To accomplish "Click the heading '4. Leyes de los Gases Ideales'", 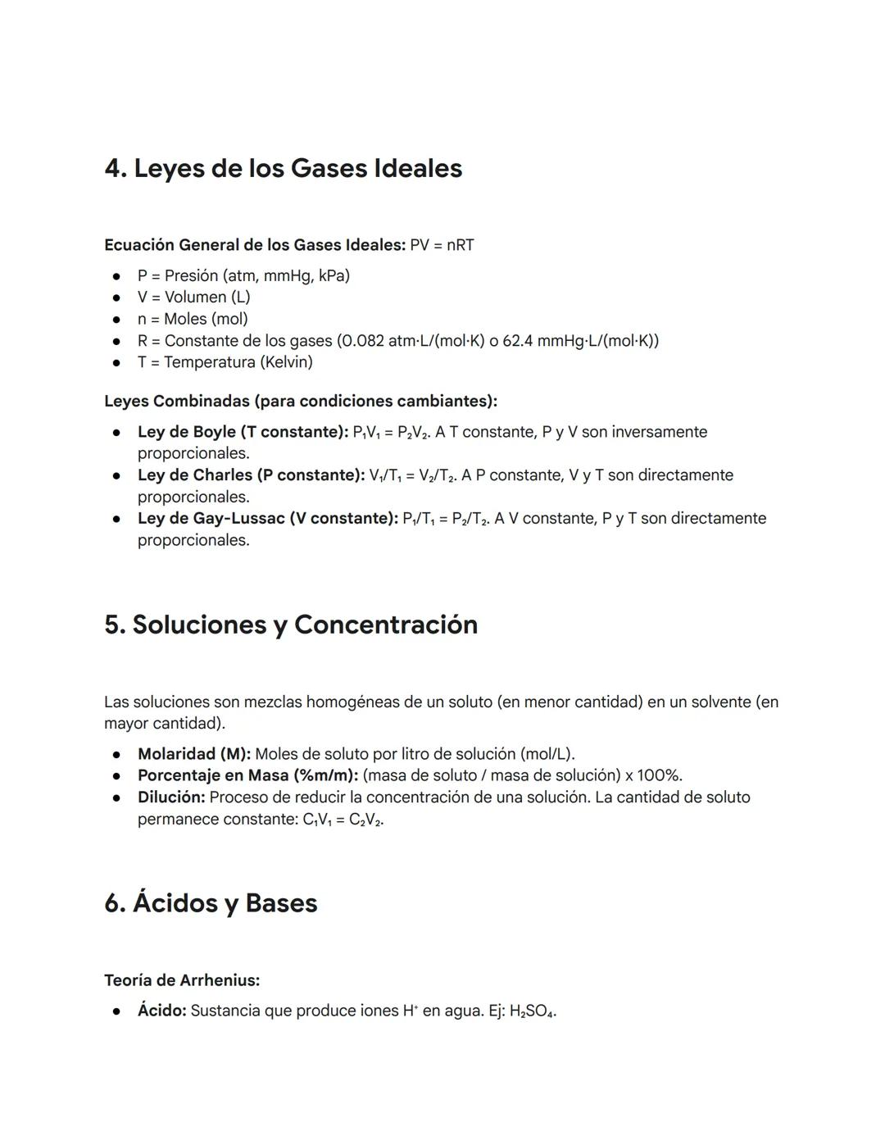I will click(283, 169).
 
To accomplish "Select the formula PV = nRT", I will click(442, 245).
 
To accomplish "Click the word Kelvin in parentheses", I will click(286, 361).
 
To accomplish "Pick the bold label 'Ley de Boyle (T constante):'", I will click(243, 432).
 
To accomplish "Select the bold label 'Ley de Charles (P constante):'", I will click(251, 475).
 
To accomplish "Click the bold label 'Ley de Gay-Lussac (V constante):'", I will click(267, 518).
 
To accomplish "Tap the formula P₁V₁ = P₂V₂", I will click(390, 433).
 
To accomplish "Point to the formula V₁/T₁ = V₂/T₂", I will click(411, 476).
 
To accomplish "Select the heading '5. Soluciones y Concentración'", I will click(291, 625).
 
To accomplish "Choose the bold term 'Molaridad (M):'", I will click(194, 754).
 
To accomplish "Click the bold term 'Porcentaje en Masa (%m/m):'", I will click(247, 775).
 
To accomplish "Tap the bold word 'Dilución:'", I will click(170, 797).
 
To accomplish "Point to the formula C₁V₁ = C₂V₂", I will click(343, 820).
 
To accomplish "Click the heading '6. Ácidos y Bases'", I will click(211, 903).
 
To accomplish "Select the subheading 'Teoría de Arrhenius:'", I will click(182, 980).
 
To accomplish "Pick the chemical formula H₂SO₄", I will click(532, 1011).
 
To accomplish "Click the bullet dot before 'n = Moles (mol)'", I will click(118, 319).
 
